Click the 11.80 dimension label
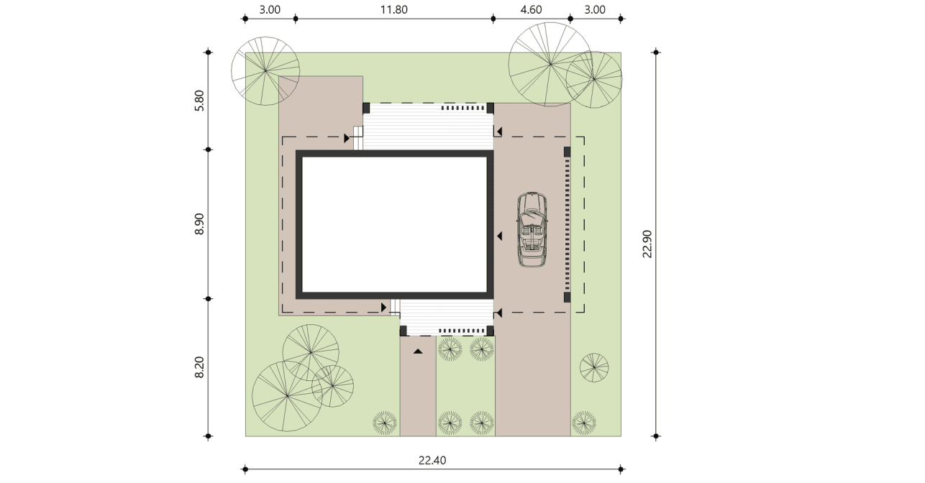coord(393,9)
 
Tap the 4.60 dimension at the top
coord(531,9)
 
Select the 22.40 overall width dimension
coord(432,460)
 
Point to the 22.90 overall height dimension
coord(647,244)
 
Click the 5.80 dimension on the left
coord(199,101)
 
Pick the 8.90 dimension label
coord(199,224)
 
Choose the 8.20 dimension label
coord(199,367)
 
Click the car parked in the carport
coord(532,229)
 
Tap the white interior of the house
coord(394,224)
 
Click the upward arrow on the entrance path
coord(418,351)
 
